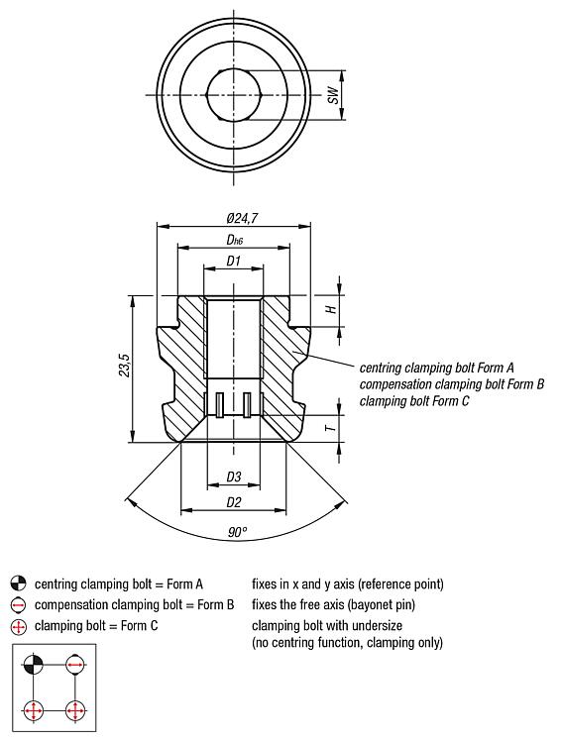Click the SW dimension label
pos(334,95)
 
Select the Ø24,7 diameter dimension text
pos(242,219)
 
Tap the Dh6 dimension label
pos(234,241)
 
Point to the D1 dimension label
pos(233,262)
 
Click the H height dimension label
pos(332,309)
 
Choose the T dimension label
pos(332,428)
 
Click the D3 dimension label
pos(234,478)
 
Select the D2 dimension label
pos(234,502)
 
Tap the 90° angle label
pos(237,533)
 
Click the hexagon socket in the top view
pos(234,95)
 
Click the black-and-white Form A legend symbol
pos(18,584)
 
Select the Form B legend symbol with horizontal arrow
pos(18,605)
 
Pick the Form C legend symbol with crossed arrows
pos(18,627)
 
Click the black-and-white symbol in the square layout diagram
pos(33,664)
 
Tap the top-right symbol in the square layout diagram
pos(74,664)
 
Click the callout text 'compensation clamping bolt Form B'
pos(451,384)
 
